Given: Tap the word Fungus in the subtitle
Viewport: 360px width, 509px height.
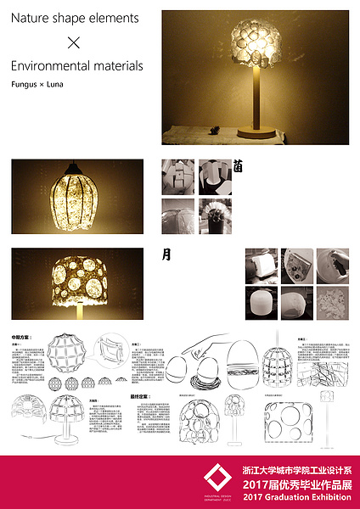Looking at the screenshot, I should [24, 85].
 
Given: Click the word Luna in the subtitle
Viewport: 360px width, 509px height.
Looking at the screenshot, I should [56, 85].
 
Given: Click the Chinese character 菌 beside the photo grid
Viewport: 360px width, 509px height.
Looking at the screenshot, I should [239, 167].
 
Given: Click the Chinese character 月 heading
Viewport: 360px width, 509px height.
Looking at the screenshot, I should [166, 254].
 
